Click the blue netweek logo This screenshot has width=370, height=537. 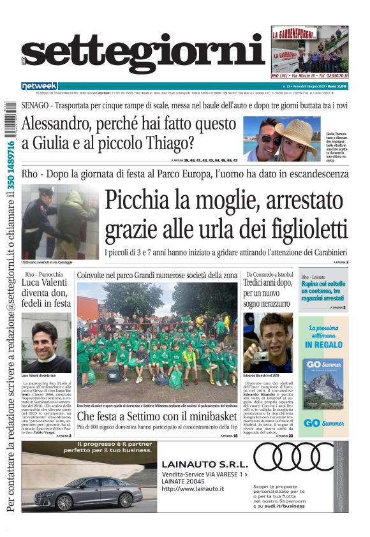pyautogui.click(x=39, y=85)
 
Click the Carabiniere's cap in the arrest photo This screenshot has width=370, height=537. pyautogui.click(x=46, y=191)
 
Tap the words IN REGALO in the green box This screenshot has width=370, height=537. pyautogui.click(x=325, y=344)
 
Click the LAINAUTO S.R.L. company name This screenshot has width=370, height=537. pyautogui.click(x=203, y=464)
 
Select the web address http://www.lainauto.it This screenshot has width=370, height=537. pyautogui.click(x=193, y=489)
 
